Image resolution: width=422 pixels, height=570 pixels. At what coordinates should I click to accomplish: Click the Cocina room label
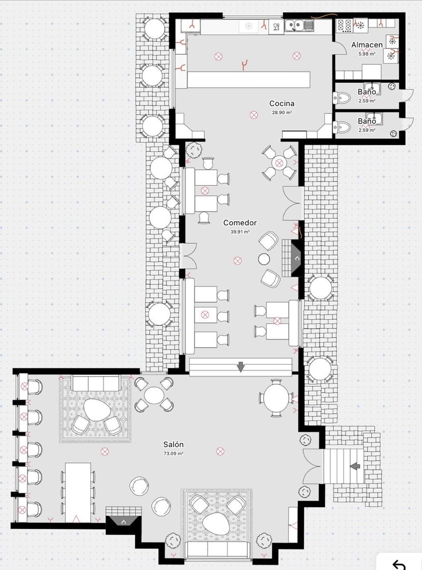coord(281,103)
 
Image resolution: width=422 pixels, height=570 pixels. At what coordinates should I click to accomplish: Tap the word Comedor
coord(239,223)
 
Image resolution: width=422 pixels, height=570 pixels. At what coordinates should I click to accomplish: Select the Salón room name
coord(173,445)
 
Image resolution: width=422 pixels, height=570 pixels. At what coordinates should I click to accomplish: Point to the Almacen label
coord(367,45)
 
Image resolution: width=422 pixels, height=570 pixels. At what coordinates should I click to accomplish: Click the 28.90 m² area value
coord(282,112)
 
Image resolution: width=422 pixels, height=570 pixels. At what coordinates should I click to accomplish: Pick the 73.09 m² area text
coord(173,453)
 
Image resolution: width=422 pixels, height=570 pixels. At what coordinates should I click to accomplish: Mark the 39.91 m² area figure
coord(240,232)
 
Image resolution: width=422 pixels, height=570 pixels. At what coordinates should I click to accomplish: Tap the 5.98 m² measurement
coord(367,54)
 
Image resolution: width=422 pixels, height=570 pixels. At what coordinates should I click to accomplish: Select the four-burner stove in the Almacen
coord(345,25)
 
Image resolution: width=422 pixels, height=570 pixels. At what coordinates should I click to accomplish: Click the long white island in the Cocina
coord(248,79)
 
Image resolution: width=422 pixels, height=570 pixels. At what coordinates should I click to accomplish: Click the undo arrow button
coord(400,563)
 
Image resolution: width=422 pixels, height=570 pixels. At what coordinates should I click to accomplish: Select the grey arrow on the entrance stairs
coord(355,466)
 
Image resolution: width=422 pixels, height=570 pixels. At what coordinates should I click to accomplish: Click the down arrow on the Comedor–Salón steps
coord(241,367)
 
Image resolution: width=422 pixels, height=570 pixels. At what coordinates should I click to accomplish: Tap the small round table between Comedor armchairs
coord(264,259)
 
